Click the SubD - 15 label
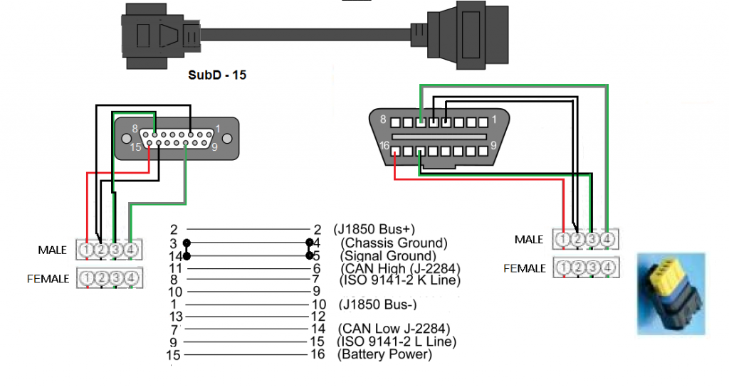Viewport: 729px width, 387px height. click(217, 74)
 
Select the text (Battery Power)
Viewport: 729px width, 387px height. click(384, 354)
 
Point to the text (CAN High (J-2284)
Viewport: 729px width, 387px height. click(396, 268)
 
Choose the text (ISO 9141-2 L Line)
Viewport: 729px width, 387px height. click(397, 341)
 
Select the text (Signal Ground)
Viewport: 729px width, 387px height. click(388, 255)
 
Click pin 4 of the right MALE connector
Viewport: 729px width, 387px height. click(607, 240)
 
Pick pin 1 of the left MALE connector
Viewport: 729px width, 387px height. click(86, 250)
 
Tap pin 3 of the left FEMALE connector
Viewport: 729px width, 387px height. click(116, 277)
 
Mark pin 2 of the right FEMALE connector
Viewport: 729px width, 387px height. click(577, 268)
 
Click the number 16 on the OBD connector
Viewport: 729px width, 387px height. click(385, 145)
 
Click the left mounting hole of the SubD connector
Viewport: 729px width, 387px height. click(127, 137)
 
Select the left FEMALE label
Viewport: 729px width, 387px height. click(49, 278)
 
